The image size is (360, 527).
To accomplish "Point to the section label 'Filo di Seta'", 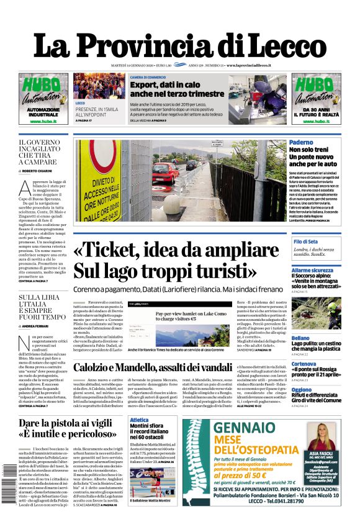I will point(306,241).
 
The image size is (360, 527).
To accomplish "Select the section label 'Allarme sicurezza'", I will point(312,271).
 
